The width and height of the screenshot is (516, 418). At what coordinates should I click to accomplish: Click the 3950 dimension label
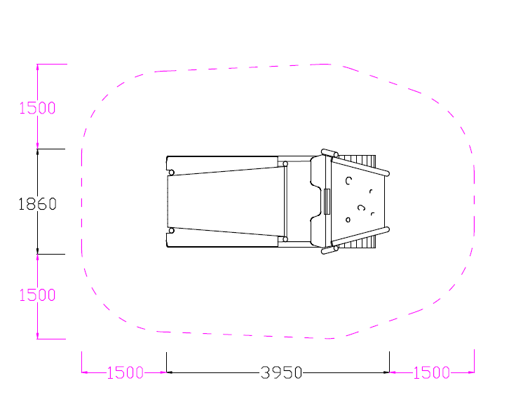pos(281,372)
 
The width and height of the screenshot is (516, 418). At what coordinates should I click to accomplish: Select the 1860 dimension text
pos(37,204)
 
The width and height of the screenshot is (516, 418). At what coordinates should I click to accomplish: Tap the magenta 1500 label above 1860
pos(37,108)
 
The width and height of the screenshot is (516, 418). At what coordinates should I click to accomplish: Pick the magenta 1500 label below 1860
pos(37,295)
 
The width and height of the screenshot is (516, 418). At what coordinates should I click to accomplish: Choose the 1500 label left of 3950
pos(125,372)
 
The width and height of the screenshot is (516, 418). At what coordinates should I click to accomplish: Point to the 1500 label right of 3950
pos(431,372)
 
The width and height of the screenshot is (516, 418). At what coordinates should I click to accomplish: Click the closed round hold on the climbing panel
pos(348,220)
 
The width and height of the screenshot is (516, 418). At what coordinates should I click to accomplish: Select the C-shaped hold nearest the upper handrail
pos(348,181)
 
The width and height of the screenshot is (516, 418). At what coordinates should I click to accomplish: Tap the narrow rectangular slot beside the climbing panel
pos(327,201)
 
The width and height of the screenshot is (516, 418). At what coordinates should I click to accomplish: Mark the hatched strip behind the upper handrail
pos(357,161)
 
